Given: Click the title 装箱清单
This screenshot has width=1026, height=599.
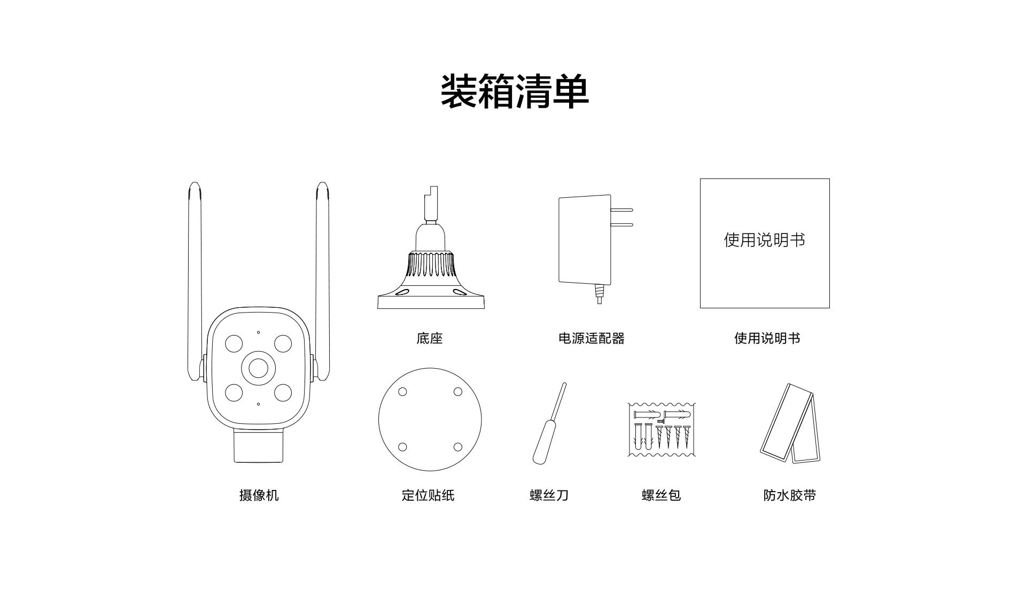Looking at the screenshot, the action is pos(515,92).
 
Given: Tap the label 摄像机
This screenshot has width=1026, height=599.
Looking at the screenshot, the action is pos(259,495).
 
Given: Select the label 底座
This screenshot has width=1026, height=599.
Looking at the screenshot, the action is pos(430,338).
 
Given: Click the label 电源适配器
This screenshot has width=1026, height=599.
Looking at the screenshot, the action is pos(591,338).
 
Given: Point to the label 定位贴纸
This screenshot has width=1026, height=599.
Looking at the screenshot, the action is pos(428,495).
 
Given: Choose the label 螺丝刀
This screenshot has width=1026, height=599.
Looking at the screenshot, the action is pos(549,495).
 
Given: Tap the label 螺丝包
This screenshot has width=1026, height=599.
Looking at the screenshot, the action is pos(661,495).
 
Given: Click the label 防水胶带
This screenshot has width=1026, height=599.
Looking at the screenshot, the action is pos(790,495).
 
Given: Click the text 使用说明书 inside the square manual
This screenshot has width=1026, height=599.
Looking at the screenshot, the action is pos(765,240).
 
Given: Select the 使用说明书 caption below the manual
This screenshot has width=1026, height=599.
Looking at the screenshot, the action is pos(767,338).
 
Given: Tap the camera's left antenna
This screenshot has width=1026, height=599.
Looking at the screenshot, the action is pos(195,281).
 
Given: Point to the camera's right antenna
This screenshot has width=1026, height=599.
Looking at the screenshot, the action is pos(322,281).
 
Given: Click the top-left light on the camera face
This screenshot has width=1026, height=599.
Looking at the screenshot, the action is pos(234,344).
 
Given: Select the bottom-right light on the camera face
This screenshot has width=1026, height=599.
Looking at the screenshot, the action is pos(283,393).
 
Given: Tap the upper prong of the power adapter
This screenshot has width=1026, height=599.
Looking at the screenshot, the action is pos(622,210).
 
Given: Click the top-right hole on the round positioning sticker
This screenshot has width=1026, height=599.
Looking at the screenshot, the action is pos(458,392).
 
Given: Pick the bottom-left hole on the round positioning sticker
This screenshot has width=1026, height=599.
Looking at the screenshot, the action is pos(402,447).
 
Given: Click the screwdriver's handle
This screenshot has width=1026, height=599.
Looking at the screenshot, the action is pos(542,442).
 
